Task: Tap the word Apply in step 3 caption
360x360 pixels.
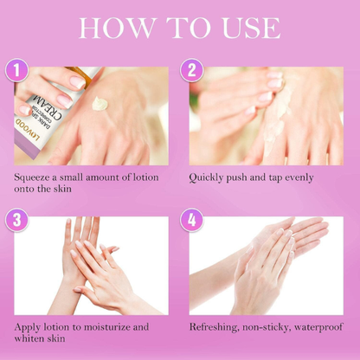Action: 29,327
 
